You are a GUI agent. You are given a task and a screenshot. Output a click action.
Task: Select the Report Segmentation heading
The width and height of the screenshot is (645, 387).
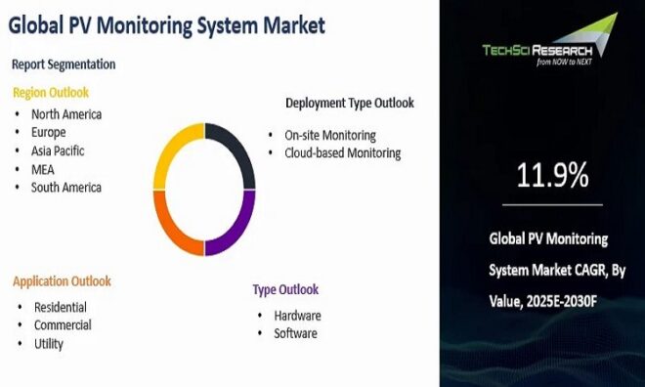point(64,64)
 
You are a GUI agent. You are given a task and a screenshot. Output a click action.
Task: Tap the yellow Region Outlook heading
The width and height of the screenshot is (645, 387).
point(51,93)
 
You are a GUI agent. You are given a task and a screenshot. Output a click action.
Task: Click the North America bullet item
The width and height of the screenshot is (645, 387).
point(66,113)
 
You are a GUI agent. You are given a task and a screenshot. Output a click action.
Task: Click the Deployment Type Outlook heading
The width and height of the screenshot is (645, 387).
point(349,103)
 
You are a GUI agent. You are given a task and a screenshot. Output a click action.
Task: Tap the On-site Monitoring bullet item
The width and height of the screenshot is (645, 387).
point(329,135)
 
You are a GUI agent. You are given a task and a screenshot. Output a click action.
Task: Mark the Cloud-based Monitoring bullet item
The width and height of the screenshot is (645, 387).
point(342,152)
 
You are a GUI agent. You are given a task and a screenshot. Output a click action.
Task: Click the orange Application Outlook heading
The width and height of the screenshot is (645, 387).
point(62,281)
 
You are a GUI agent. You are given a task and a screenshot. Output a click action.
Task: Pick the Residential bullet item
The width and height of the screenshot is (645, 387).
point(61,307)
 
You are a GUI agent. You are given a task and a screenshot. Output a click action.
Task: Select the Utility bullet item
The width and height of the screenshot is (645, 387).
point(49,343)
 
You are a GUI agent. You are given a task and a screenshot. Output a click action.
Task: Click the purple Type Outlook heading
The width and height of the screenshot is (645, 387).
point(285,290)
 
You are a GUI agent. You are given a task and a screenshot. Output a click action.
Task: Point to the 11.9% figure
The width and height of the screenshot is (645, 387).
point(552,176)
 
